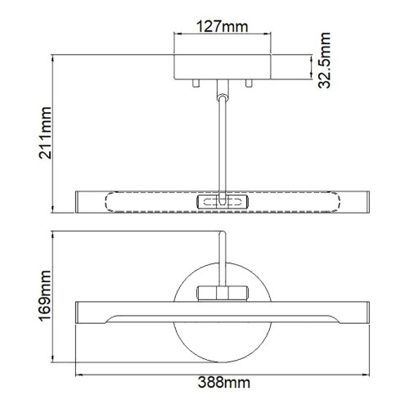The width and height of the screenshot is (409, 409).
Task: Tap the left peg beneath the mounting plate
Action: coord(196,83)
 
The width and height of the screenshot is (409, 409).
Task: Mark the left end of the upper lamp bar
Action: coord(80,201)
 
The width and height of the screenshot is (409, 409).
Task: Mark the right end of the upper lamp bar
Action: coord(363,201)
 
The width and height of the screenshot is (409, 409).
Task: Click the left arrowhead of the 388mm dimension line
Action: coord(79,374)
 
